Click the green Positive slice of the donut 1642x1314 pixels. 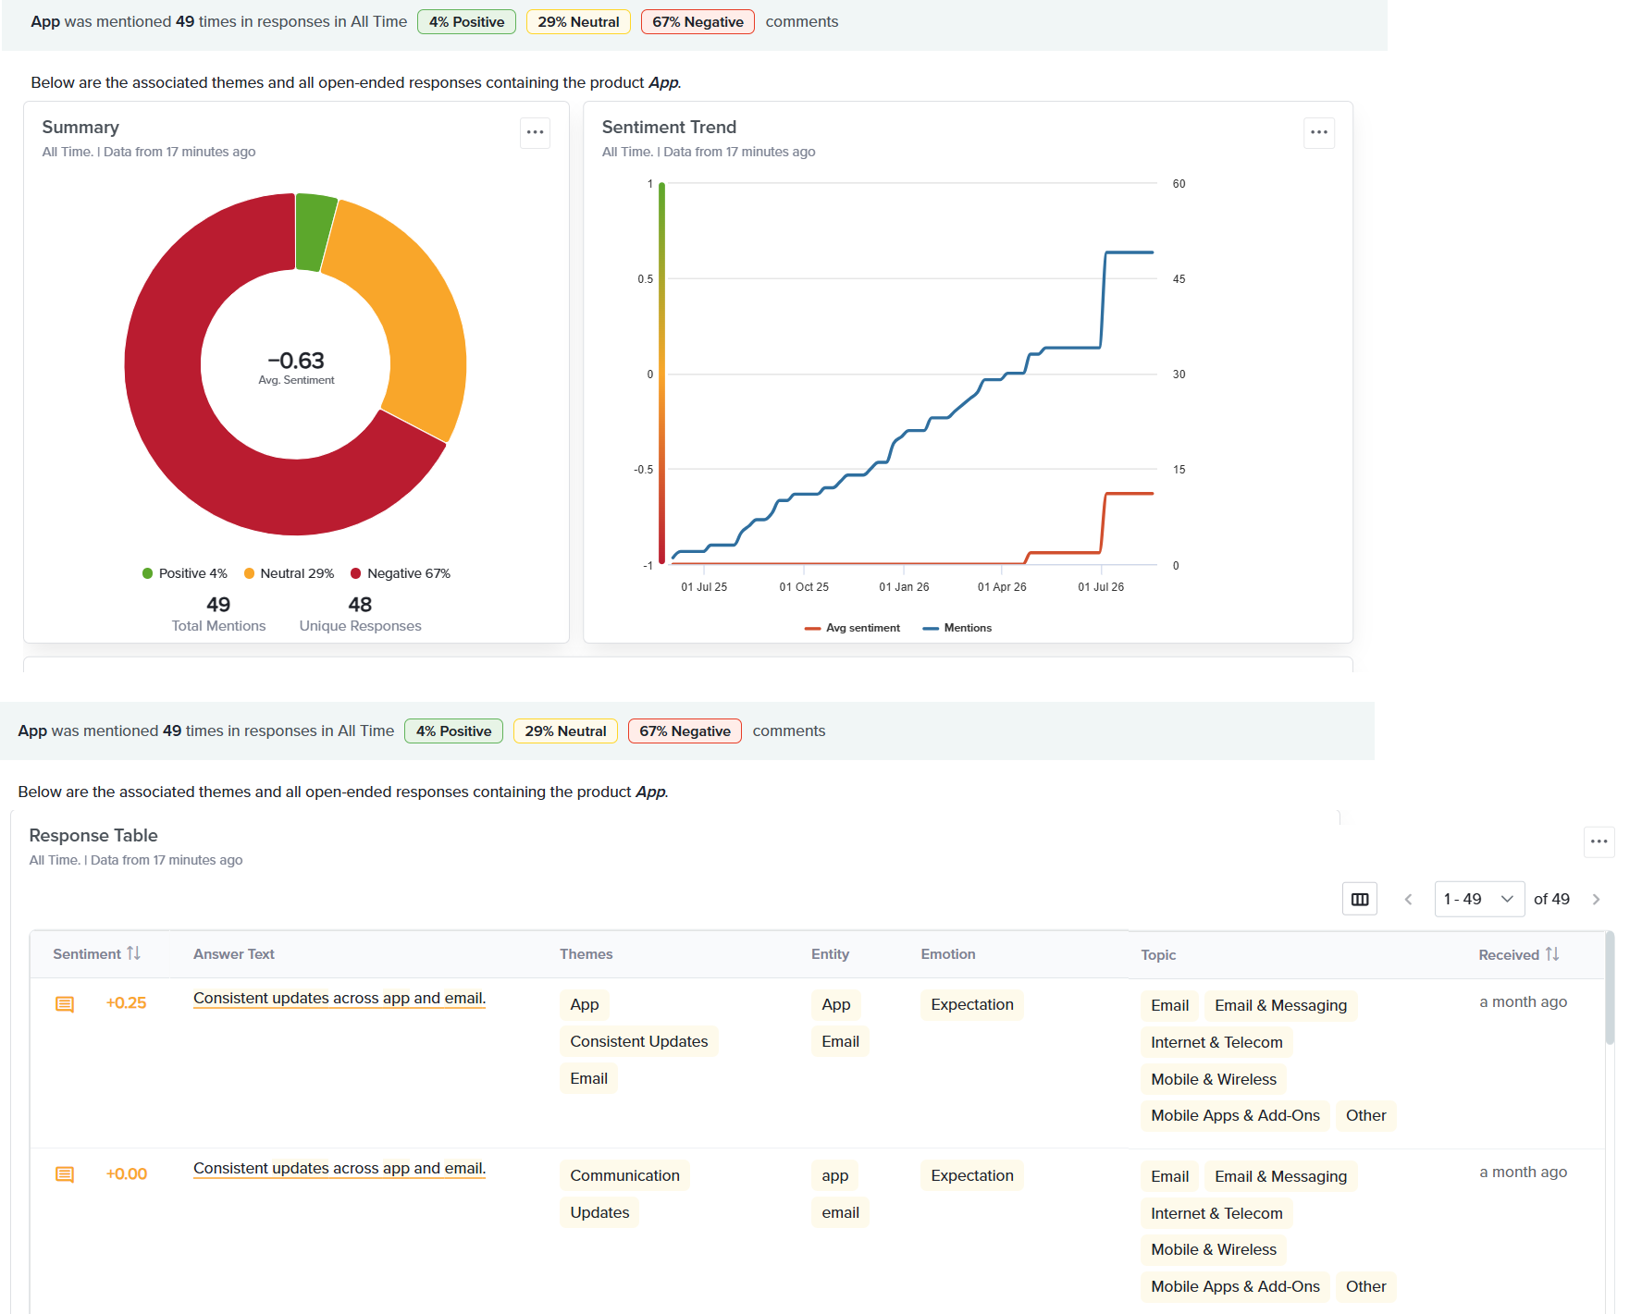click(315, 231)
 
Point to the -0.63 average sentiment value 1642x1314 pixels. click(296, 361)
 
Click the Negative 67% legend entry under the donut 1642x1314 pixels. click(401, 573)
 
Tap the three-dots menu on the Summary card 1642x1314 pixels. click(536, 132)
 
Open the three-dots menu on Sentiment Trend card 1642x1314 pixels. click(1319, 132)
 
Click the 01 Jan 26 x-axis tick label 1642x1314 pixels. click(904, 587)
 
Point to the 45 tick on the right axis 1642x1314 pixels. click(1179, 279)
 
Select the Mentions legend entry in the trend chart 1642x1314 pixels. click(957, 628)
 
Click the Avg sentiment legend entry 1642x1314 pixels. click(852, 628)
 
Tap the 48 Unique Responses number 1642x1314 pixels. click(360, 605)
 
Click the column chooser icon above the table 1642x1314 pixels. click(1360, 899)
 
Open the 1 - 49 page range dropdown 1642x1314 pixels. click(1479, 899)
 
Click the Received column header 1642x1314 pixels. click(1518, 954)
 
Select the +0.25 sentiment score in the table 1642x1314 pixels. click(127, 1003)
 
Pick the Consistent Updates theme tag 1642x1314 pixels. click(639, 1041)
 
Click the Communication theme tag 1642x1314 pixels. click(625, 1175)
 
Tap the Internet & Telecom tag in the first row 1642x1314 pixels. click(1216, 1042)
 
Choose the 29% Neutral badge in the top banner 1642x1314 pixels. click(579, 21)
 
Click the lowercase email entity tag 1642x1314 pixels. click(841, 1212)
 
